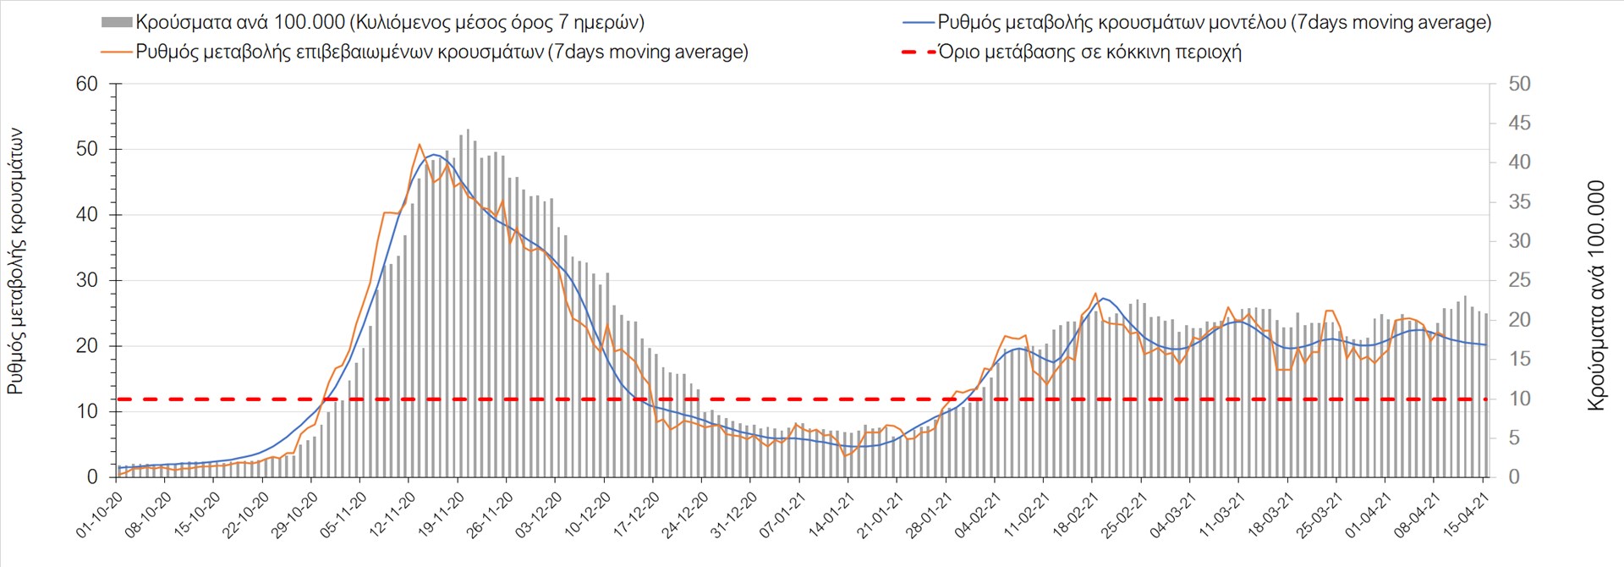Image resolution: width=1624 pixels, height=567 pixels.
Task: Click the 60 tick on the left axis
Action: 87,84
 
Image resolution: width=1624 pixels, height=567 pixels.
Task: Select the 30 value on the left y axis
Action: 87,280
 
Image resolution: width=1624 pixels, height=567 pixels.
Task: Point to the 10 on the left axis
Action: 87,411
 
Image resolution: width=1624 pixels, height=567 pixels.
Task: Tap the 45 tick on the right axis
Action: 1519,124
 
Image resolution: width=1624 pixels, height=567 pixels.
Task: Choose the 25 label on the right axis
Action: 1519,280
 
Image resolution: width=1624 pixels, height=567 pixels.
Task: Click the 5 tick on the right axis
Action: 1514,438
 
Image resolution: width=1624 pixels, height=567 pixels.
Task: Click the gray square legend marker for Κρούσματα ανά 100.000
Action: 116,23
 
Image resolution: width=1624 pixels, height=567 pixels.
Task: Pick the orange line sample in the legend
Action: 117,52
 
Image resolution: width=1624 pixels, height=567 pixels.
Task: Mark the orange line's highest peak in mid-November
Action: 420,145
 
